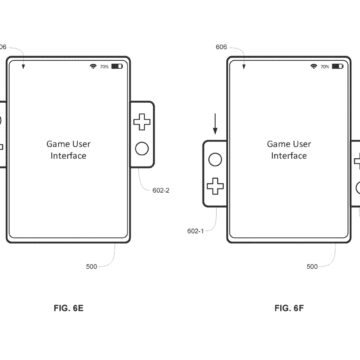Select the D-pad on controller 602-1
216,184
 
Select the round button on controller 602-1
216,156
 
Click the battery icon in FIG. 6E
117,66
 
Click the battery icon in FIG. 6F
340,66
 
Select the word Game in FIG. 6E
58,143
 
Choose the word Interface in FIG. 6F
290,155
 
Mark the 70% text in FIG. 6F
327,66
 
